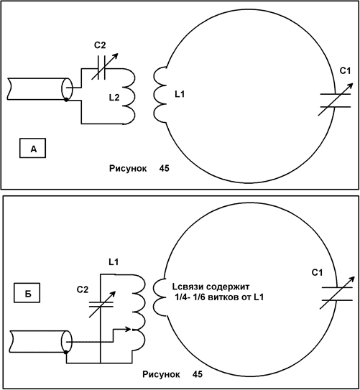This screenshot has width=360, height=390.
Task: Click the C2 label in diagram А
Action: point(100,45)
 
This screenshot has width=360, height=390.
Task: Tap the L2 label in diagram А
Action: point(114,97)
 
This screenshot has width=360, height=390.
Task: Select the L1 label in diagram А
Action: point(180,94)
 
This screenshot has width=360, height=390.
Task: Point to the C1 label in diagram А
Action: point(345,71)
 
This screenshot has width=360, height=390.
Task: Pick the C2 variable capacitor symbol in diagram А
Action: point(104,66)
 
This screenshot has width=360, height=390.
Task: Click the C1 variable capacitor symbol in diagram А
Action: point(336,100)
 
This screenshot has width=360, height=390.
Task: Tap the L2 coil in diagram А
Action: point(129,97)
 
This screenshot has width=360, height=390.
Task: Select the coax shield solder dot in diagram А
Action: point(66,100)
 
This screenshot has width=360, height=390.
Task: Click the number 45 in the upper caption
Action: point(165,168)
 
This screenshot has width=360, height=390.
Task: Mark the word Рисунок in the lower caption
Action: point(161,374)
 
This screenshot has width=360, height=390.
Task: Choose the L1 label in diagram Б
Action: point(114,262)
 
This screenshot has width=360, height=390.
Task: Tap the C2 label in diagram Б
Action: point(83,289)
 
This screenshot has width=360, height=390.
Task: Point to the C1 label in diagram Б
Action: point(317,273)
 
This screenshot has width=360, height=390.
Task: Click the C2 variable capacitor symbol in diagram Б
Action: point(102,305)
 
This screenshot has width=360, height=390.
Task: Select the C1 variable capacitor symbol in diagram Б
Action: point(337,294)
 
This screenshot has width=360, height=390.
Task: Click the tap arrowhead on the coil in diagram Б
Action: point(129,330)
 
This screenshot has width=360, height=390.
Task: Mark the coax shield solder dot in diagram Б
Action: point(66,352)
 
